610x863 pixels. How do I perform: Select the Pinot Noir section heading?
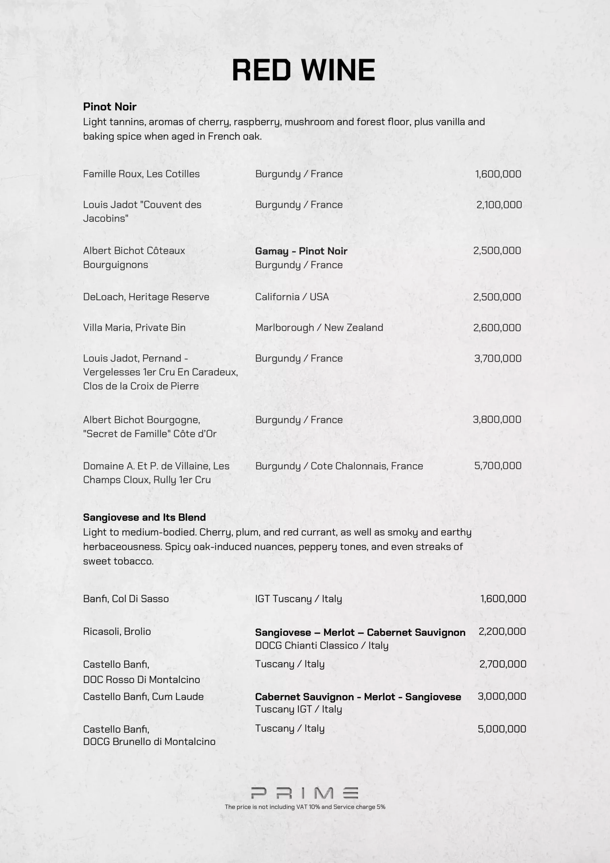point(110,107)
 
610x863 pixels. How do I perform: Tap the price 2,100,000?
point(499,205)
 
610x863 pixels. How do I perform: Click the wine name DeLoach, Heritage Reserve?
point(146,297)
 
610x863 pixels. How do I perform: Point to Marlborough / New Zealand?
point(319,328)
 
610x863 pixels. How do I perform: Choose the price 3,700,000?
point(498,358)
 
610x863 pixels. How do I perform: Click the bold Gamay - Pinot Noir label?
point(301,251)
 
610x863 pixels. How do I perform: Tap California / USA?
point(292,297)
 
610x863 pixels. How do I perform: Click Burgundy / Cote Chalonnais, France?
point(339,466)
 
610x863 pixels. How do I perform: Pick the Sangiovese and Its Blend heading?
point(144,517)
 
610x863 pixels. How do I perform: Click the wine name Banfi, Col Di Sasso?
point(126,599)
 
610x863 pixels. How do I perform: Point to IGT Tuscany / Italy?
point(298,599)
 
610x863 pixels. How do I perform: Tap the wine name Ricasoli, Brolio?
point(117,631)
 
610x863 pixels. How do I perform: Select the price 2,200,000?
point(502,631)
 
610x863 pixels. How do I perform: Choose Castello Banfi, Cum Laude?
point(143,696)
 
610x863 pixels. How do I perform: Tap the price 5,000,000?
point(502,729)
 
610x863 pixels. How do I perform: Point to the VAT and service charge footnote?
point(305,807)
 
